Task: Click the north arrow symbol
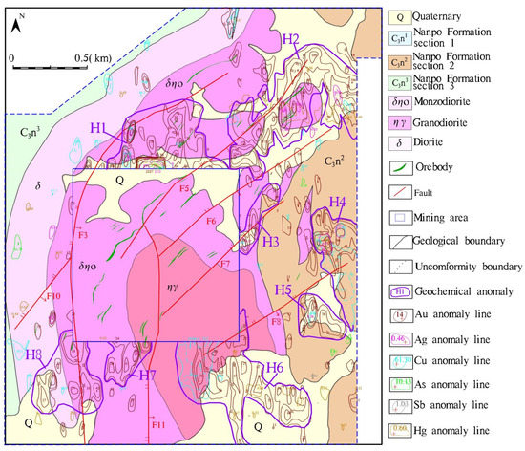[17, 27]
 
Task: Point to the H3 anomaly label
[270, 243]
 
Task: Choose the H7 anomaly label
[147, 376]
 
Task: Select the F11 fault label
[158, 423]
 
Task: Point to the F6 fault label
[211, 221]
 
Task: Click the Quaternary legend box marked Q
[400, 16]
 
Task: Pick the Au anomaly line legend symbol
[400, 315]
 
